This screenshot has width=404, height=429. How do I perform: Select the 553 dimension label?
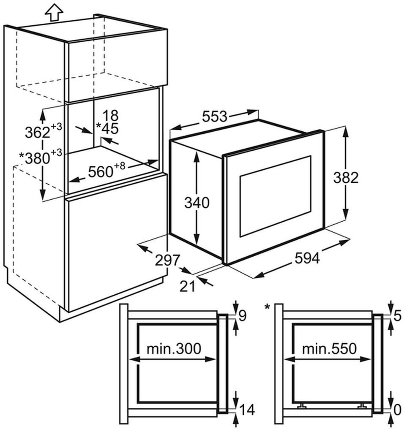pos(215,116)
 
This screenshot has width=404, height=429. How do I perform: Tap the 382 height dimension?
pos(345,178)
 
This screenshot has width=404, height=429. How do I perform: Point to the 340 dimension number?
pos(197,203)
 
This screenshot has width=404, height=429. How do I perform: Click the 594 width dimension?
pos(307,258)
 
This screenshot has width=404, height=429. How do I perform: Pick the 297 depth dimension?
pos(167,261)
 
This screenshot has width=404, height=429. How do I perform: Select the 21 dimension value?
pos(187,286)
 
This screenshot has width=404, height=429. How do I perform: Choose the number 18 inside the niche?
pos(110,115)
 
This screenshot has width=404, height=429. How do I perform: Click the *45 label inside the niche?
pos(107,128)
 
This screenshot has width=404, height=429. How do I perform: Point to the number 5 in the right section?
pos(397,315)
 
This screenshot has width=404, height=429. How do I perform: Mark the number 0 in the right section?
pos(397,409)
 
